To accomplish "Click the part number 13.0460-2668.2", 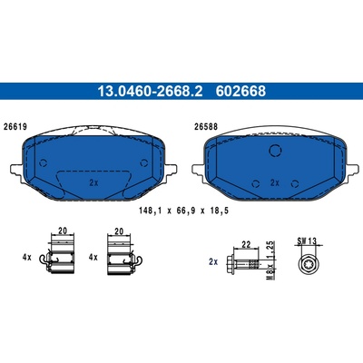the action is point(150,91).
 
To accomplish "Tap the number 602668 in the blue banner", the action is point(240,91).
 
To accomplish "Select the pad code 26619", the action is point(15,127).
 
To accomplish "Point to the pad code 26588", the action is point(205,127).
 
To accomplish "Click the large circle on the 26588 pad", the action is point(276,151).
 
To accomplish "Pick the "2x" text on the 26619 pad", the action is point(93,182).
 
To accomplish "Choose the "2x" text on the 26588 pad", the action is point(275,182).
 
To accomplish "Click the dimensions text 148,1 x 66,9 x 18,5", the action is point(183,211).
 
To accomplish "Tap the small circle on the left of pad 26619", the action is point(44,163).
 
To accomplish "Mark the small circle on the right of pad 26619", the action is point(144,163).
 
